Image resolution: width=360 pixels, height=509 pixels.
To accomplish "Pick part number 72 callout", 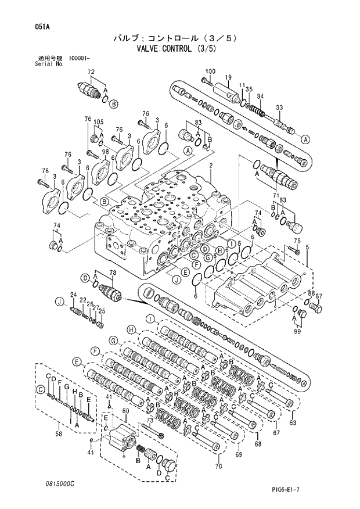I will pos(91,71).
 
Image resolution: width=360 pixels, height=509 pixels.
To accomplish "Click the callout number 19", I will pos(229,77).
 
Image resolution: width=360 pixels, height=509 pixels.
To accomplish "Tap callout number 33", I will pos(279,108).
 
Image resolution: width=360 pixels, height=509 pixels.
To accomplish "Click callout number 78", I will pos(113,273).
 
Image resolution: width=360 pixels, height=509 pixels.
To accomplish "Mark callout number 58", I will pos(58,433).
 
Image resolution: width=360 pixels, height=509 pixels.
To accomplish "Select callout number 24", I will pos(74,295).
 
